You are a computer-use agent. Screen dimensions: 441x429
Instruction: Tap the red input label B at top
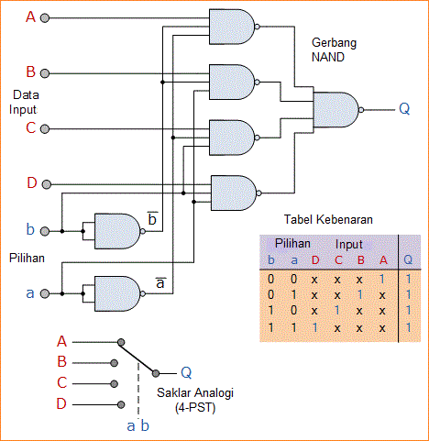coord(30,72)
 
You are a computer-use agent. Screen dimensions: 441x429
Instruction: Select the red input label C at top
coord(30,127)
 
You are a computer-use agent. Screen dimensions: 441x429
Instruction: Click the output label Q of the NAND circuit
coord(404,108)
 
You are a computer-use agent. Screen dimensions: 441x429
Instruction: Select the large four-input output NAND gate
coord(335,110)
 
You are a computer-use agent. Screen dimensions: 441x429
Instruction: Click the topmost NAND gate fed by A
coord(232,28)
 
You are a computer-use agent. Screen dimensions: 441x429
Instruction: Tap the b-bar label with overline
coord(152,220)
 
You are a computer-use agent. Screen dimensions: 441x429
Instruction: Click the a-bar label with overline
coord(159,283)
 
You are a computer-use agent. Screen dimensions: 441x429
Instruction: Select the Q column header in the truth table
coord(408,260)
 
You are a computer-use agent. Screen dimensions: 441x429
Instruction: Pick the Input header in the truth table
coord(347,246)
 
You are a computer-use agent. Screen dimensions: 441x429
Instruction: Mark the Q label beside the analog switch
coord(186,372)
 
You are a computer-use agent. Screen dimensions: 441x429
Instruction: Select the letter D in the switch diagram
coord(62,404)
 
